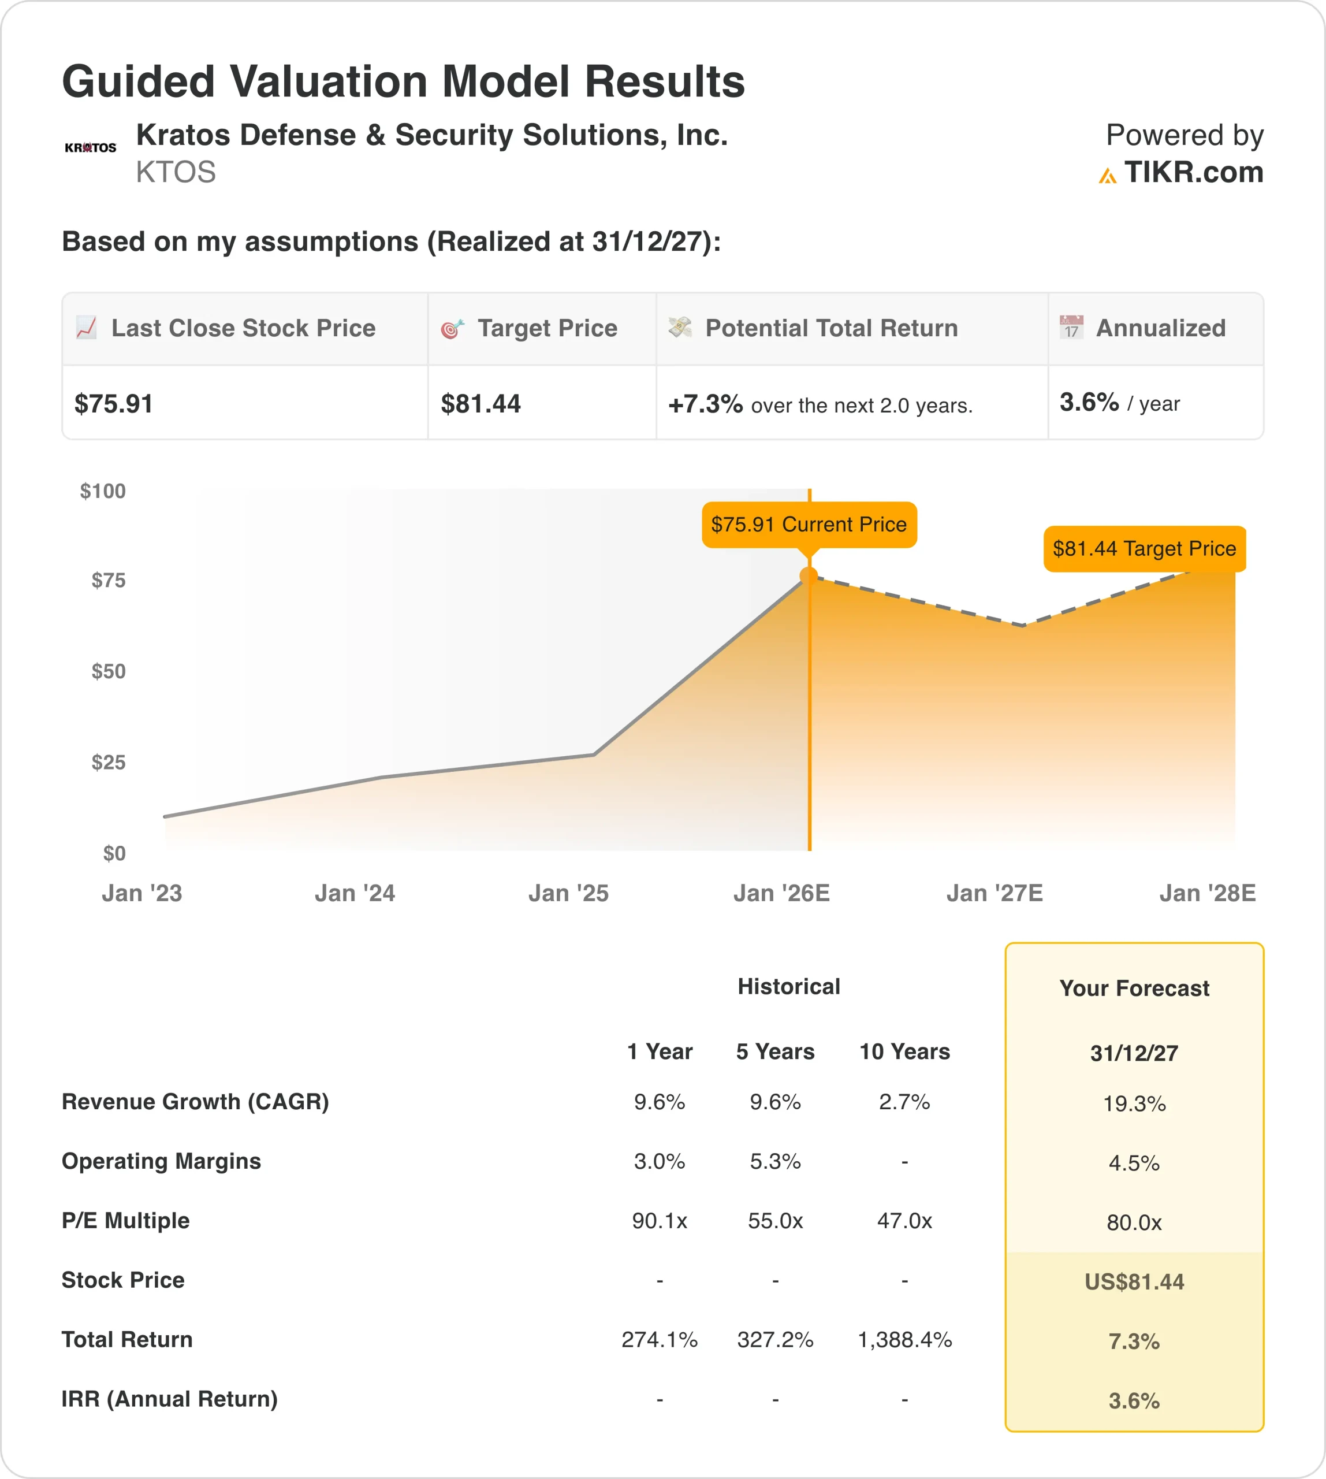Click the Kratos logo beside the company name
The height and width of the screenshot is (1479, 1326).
90,147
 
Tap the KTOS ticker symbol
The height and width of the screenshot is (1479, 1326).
176,173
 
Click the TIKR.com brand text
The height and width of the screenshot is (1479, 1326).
1193,173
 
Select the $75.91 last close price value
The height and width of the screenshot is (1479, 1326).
114,404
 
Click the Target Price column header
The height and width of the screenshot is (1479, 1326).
547,328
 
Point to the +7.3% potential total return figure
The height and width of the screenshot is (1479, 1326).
705,404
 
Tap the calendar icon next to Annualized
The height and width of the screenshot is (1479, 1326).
1071,328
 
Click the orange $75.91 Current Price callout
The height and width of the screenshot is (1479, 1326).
809,524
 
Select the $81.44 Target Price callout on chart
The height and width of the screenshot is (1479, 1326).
1144,548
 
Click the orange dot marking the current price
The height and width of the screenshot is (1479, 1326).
809,577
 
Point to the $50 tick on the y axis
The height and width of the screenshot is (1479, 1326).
109,671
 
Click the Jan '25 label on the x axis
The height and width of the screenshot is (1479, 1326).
568,893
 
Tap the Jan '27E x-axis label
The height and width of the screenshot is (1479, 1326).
994,893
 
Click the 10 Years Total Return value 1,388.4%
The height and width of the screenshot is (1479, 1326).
904,1339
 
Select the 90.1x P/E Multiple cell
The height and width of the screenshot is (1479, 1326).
660,1220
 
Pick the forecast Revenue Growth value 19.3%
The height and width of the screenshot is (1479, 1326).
1134,1103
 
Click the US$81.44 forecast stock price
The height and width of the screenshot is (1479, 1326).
1134,1281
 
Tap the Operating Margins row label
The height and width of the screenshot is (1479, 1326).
161,1161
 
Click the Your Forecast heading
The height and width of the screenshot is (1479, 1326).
1134,989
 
